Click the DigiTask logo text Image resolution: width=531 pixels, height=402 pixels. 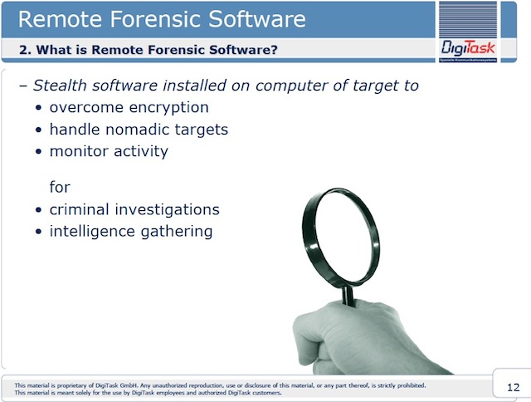pyautogui.click(x=468, y=48)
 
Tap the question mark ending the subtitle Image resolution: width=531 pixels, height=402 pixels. pyautogui.click(x=274, y=50)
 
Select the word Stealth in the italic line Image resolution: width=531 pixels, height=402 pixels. pyautogui.click(x=60, y=85)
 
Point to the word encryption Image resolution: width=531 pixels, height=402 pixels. pyautogui.click(x=168, y=108)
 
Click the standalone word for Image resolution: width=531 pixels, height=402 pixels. pyautogui.click(x=60, y=187)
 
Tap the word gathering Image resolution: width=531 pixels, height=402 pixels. pyautogui.click(x=177, y=232)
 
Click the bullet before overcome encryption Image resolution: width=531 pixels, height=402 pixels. pyautogui.click(x=39, y=108)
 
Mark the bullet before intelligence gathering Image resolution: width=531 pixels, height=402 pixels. pyautogui.click(x=39, y=232)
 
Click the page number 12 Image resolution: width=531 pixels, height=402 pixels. pyautogui.click(x=513, y=387)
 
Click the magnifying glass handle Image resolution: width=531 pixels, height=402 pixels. pyautogui.click(x=348, y=296)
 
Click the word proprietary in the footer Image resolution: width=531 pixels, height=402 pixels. pyautogui.click(x=72, y=385)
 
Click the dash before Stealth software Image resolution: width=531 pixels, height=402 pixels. pyautogui.click(x=23, y=86)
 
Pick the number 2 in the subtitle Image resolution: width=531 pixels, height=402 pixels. pyautogui.click(x=23, y=50)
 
